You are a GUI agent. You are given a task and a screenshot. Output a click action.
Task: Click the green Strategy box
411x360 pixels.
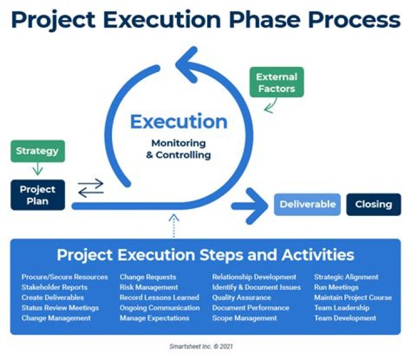tap(37, 151)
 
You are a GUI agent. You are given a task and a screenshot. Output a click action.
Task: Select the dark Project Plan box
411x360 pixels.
tap(37, 195)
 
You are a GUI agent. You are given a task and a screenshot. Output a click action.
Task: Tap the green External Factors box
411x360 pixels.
tap(276, 82)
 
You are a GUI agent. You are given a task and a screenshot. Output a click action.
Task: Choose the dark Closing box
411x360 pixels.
tap(373, 204)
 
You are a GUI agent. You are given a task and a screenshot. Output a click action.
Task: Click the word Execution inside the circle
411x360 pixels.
tap(178, 121)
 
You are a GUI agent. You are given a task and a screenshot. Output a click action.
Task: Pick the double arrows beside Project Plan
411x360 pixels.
tap(91, 188)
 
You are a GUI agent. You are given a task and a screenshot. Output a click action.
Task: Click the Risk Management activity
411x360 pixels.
tap(148, 287)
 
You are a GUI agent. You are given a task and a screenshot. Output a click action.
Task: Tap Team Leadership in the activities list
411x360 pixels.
tap(341, 308)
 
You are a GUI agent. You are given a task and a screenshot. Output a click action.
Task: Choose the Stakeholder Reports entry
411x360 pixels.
tap(54, 287)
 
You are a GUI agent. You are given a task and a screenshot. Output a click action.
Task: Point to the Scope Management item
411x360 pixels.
tap(244, 318)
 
